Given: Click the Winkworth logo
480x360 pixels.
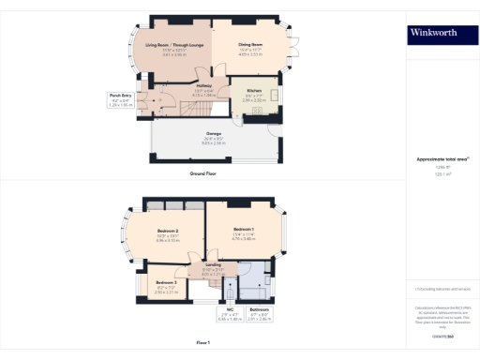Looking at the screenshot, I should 434,34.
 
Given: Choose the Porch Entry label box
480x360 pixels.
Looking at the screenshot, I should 120,98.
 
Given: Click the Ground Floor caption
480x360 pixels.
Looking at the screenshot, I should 203,173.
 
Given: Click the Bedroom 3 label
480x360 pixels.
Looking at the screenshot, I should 165,285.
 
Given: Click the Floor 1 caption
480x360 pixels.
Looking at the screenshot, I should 203,343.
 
